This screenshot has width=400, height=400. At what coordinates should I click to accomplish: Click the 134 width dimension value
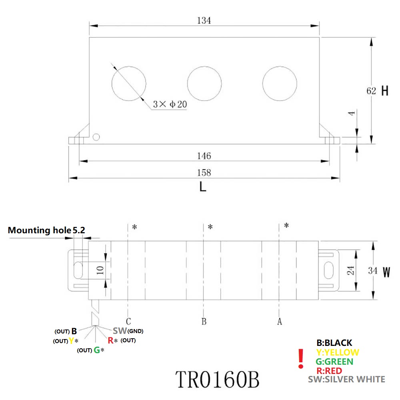pos(204,20)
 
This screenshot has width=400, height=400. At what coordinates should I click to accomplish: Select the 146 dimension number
pos(204,156)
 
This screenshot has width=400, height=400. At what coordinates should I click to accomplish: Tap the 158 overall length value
pos(204,173)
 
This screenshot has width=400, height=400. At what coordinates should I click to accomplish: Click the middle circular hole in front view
pos(204,83)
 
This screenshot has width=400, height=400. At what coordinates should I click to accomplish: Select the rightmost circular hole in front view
pos(280,83)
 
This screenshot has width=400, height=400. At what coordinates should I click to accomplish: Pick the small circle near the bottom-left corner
pos(96,137)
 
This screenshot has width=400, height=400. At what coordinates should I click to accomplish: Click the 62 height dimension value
pos(371,91)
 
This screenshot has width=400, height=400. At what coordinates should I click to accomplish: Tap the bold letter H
pos(385,91)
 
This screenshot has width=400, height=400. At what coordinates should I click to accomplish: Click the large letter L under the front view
pos(203,187)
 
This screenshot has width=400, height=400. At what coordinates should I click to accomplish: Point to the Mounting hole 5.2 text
pos(46,230)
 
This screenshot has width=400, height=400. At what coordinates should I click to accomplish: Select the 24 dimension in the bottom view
pos(351,270)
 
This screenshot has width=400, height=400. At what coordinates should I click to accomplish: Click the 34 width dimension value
pos(372,271)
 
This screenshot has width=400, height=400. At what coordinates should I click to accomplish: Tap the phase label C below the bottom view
pos(128,321)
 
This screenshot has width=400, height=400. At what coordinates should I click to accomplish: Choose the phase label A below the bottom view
pos(280,321)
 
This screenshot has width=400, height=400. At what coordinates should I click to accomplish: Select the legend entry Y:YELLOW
pos(337,352)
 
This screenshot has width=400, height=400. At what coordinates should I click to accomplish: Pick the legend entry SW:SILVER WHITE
pos(346,379)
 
